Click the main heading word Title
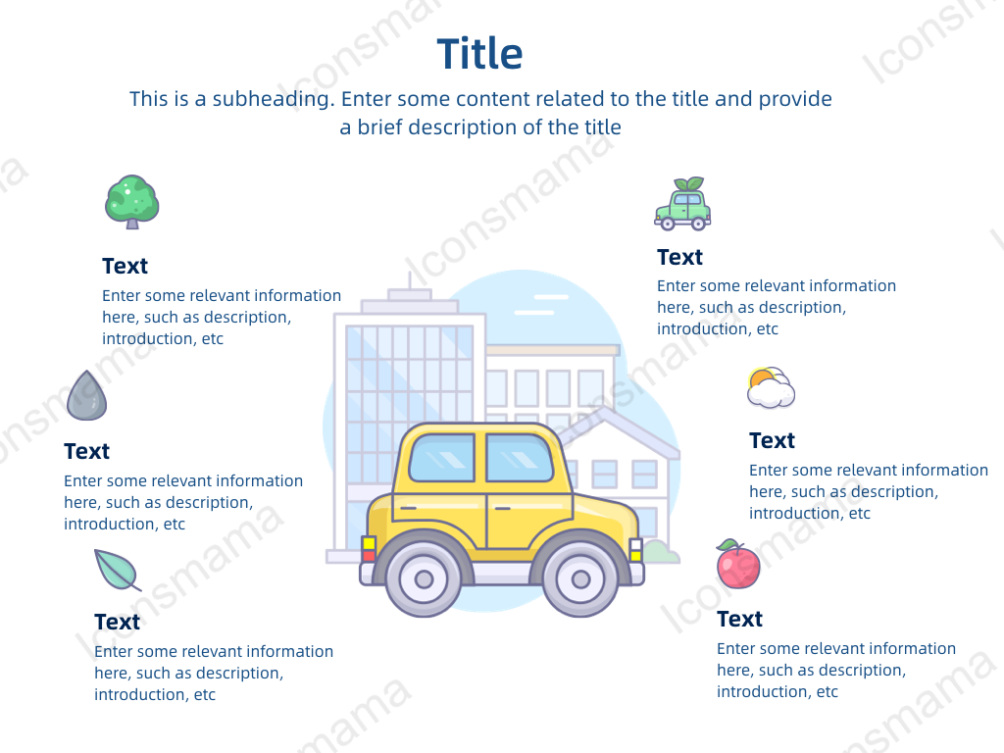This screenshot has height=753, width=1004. tap(479, 53)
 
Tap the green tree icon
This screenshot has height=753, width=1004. tap(132, 202)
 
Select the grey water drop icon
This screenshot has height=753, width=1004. tap(86, 395)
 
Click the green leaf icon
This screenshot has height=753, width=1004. tap(118, 570)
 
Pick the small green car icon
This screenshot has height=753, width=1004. tap(682, 204)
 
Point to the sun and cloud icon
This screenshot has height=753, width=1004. tap(771, 387)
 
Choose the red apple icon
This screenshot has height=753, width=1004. tap(738, 564)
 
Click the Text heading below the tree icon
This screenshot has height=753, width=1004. tap(125, 266)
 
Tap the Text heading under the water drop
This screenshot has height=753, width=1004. tap(86, 451)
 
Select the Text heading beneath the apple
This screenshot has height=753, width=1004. tap(739, 620)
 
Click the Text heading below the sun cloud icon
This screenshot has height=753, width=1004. tap(773, 440)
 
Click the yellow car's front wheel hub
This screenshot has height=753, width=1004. tap(580, 579)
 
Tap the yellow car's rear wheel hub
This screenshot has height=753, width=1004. tap(424, 579)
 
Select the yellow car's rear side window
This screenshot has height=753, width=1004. tap(442, 457)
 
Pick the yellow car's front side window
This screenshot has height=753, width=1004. tap(520, 457)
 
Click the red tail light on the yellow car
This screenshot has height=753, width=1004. tap(369, 555)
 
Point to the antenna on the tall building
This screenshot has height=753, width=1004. tap(410, 280)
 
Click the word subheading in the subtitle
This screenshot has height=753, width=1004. tap(274, 99)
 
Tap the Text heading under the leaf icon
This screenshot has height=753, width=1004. tap(118, 622)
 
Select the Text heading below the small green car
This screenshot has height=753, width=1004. tap(680, 258)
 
